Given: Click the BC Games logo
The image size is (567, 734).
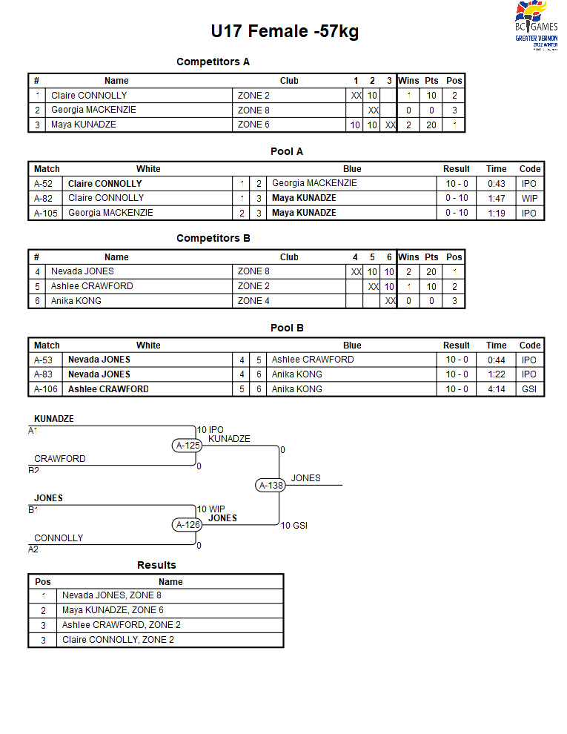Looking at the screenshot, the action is [x=536, y=25].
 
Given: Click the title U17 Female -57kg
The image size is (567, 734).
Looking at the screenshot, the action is [x=285, y=31].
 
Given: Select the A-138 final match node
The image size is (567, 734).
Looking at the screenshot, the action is [x=271, y=486].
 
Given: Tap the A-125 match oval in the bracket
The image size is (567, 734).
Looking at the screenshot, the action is [x=188, y=446].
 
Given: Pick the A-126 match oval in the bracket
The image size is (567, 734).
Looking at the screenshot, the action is [x=188, y=525].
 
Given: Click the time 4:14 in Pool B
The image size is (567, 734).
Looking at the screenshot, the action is [x=497, y=389].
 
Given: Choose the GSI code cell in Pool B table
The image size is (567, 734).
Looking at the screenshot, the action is [x=529, y=389].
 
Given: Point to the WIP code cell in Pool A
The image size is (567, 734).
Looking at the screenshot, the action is [x=530, y=199].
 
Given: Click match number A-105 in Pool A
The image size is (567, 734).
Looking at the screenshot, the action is [x=46, y=214].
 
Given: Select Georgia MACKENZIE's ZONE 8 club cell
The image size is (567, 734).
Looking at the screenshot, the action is [x=253, y=110].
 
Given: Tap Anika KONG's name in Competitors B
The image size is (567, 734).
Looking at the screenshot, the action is [x=76, y=301].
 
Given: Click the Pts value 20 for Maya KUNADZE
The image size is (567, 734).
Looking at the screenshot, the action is [x=431, y=125].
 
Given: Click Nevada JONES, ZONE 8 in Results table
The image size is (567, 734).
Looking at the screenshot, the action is [x=112, y=595].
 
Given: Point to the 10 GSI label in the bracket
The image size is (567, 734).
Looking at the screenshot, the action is [x=294, y=526].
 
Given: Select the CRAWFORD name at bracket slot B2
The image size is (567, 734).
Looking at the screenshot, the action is [x=60, y=459].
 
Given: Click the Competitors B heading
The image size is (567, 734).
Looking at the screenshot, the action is [x=213, y=238].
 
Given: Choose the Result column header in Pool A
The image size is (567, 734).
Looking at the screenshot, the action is [x=456, y=169].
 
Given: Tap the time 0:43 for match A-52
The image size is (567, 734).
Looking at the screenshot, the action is [x=497, y=184].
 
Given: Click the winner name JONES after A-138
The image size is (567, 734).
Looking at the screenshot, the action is [x=306, y=478].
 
